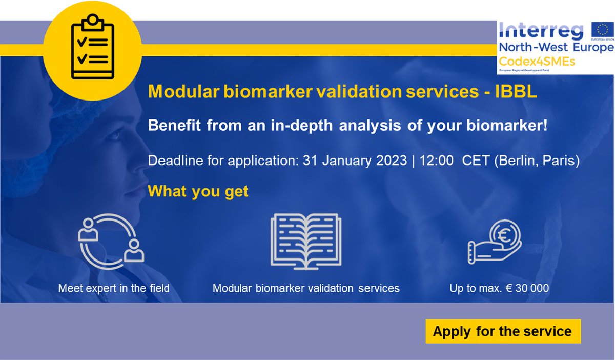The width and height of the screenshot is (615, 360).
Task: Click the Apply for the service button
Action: tap(502, 331)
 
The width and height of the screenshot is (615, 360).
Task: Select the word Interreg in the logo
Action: tap(541, 31)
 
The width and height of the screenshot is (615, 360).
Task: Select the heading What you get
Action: tap(198, 191)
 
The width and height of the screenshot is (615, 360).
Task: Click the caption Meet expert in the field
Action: tap(114, 288)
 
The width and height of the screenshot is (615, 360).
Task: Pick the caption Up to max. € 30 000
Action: tap(499, 288)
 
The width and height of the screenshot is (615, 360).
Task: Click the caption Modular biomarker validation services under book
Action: tap(306, 288)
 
